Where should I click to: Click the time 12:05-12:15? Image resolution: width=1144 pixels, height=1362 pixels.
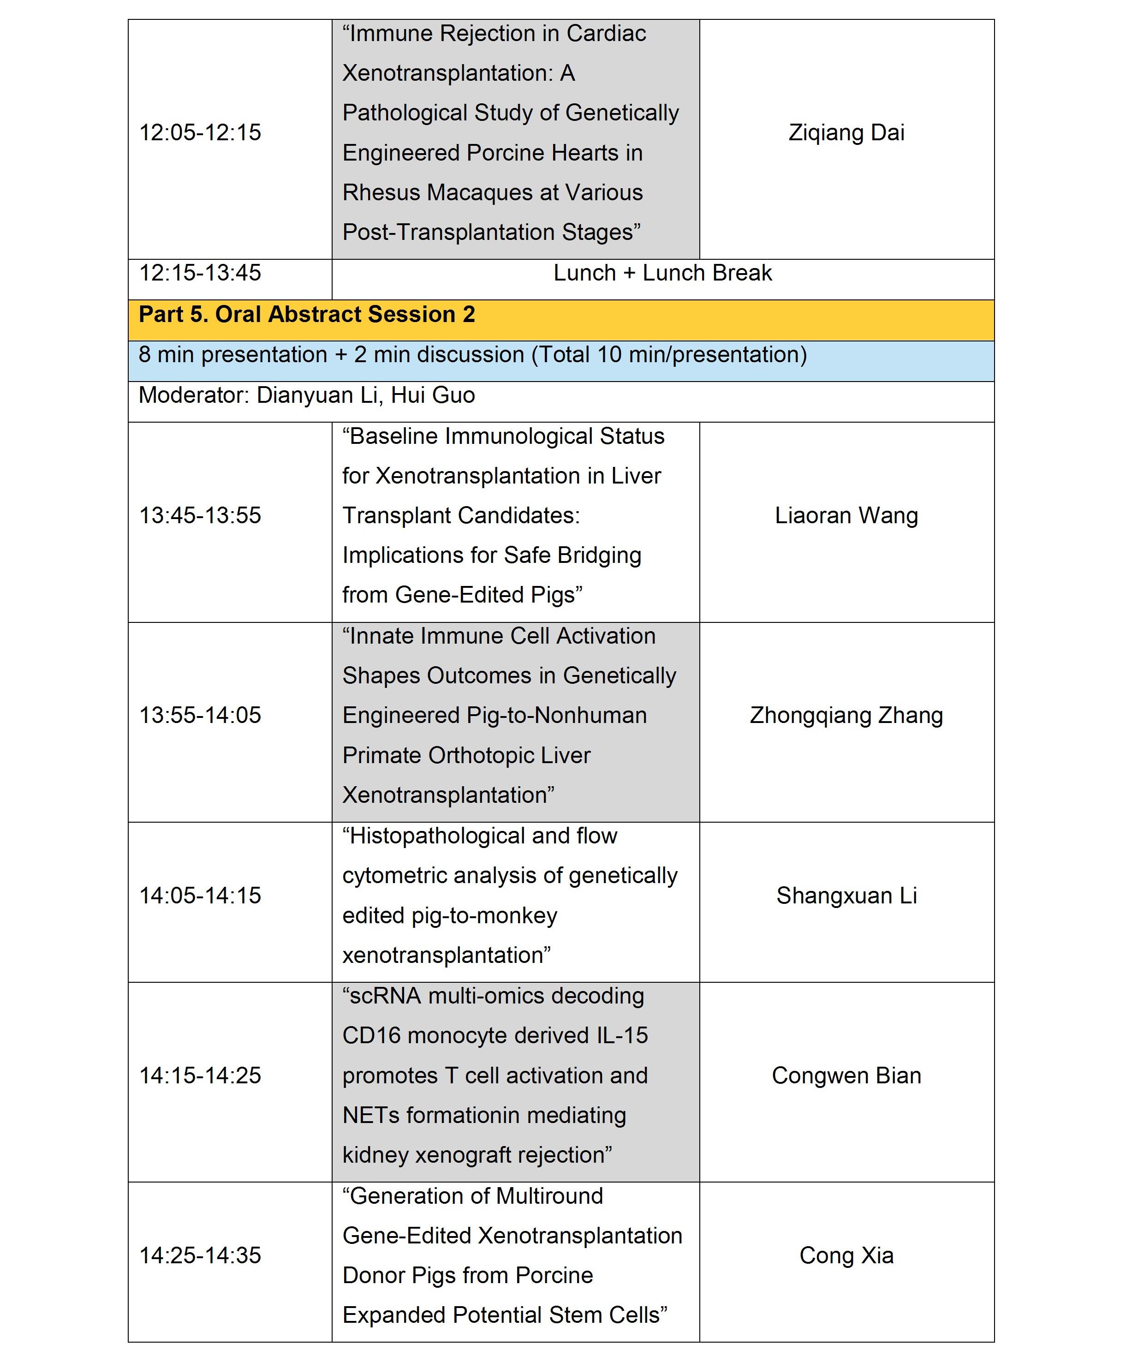click(200, 132)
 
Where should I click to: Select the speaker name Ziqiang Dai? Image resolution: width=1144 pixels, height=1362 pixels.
click(846, 132)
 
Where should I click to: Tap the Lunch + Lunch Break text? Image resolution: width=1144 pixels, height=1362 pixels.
click(662, 273)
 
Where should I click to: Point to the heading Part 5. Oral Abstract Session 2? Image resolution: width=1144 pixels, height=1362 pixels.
click(307, 315)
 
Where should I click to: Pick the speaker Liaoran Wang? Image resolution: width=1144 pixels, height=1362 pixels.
click(846, 516)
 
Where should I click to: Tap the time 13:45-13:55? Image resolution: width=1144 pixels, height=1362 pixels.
click(200, 516)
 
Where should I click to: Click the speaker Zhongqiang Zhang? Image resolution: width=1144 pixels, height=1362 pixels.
click(846, 716)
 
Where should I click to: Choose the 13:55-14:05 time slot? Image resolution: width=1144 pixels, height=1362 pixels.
click(200, 716)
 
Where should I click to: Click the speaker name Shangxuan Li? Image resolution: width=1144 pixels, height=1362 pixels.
click(846, 896)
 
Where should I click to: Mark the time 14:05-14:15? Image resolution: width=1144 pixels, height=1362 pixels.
click(200, 896)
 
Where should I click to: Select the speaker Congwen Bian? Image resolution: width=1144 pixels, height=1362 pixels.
click(846, 1075)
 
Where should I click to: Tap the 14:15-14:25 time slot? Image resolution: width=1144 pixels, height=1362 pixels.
click(200, 1075)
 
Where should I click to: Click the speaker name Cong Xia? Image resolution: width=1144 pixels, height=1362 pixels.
click(846, 1255)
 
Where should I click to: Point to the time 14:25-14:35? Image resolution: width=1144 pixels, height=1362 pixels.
click(200, 1255)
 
